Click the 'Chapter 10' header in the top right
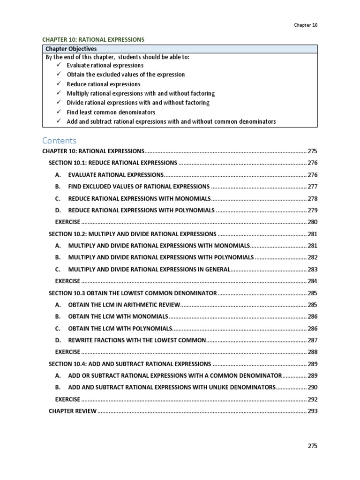click(x=306, y=25)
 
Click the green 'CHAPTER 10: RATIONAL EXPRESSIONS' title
click(x=93, y=40)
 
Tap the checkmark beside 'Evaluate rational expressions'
click(x=58, y=65)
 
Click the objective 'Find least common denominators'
click(x=111, y=112)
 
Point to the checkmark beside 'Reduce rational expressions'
click(x=58, y=84)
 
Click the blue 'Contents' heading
click(x=59, y=141)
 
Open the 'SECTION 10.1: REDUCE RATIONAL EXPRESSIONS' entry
click(x=113, y=163)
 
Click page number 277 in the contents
click(x=312, y=187)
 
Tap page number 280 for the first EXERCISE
click(x=312, y=222)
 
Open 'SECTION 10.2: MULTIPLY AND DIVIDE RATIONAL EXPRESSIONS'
click(x=133, y=234)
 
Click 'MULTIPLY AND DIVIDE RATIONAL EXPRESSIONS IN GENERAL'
click(x=149, y=270)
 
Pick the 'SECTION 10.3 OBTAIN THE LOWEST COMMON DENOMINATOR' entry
click(x=133, y=293)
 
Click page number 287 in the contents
click(x=312, y=340)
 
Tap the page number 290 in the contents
click(x=312, y=388)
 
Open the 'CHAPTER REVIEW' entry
click(x=73, y=411)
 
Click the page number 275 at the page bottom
click(x=312, y=446)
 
